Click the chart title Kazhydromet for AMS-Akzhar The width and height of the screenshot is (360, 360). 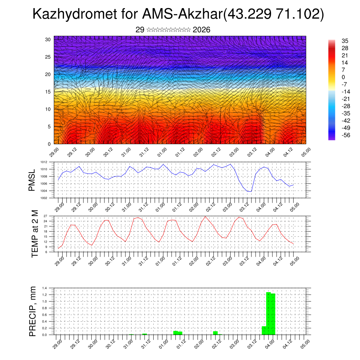click(x=178, y=14)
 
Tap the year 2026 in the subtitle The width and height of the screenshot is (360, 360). click(x=201, y=30)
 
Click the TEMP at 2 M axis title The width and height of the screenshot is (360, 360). click(x=34, y=233)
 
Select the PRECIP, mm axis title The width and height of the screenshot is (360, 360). click(x=33, y=311)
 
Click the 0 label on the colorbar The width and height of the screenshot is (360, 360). click(x=343, y=77)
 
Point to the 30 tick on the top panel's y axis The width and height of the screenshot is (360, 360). click(x=48, y=39)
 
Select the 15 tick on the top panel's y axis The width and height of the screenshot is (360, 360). click(x=48, y=92)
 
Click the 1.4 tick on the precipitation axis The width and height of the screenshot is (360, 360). click(x=44, y=288)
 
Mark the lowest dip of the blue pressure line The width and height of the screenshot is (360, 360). click(x=249, y=191)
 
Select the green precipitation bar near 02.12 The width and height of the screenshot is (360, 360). click(x=215, y=333)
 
